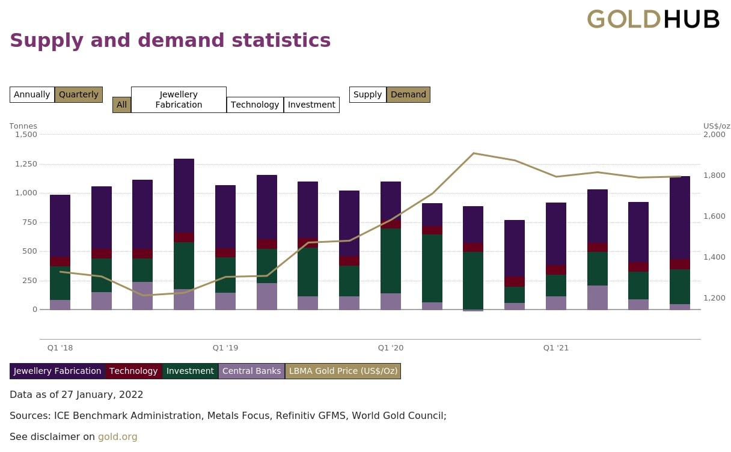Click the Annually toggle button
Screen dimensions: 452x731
pyautogui.click(x=32, y=94)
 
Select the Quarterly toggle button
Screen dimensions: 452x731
pyautogui.click(x=79, y=94)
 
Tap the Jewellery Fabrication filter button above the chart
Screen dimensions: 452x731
pyautogui.click(x=179, y=100)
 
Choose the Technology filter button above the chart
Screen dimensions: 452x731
pyautogui.click(x=255, y=105)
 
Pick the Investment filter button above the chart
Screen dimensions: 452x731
pyautogui.click(x=311, y=105)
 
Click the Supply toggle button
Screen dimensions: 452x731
pyautogui.click(x=367, y=94)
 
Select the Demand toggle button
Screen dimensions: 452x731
pyautogui.click(x=408, y=94)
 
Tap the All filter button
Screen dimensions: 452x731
pyautogui.click(x=121, y=105)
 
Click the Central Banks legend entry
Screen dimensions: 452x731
pyautogui.click(x=251, y=371)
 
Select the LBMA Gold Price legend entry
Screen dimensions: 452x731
pyautogui.click(x=343, y=371)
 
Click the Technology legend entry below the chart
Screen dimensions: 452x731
pyautogui.click(x=133, y=371)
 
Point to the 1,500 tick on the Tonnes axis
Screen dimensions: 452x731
pyautogui.click(x=26, y=134)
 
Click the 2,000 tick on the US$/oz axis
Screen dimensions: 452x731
pyautogui.click(x=714, y=134)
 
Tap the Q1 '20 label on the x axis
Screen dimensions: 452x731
pyautogui.click(x=391, y=348)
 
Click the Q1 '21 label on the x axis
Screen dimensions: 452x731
pyautogui.click(x=556, y=348)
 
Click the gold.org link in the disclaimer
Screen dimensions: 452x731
pyautogui.click(x=118, y=437)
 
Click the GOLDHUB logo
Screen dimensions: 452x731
pyautogui.click(x=653, y=19)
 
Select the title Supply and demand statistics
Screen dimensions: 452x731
pyautogui.click(x=170, y=40)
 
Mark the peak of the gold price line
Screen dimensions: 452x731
pyautogui.click(x=474, y=153)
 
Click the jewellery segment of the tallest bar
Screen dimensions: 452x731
pyautogui.click(x=184, y=195)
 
